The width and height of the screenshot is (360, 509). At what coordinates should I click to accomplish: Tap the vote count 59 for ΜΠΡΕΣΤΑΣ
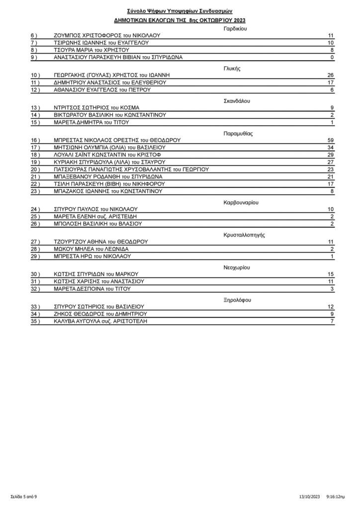coord(330,141)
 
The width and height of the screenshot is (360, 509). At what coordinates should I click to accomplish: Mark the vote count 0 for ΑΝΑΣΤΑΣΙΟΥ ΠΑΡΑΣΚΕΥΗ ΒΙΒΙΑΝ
coord(332,57)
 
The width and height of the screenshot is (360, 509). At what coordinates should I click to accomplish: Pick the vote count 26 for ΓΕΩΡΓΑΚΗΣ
coord(330,75)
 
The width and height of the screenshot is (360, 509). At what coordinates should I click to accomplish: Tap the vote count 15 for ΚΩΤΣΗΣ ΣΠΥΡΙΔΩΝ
coord(330,274)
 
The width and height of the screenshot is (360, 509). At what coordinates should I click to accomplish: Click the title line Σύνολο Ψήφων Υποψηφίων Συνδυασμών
coord(180,10)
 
